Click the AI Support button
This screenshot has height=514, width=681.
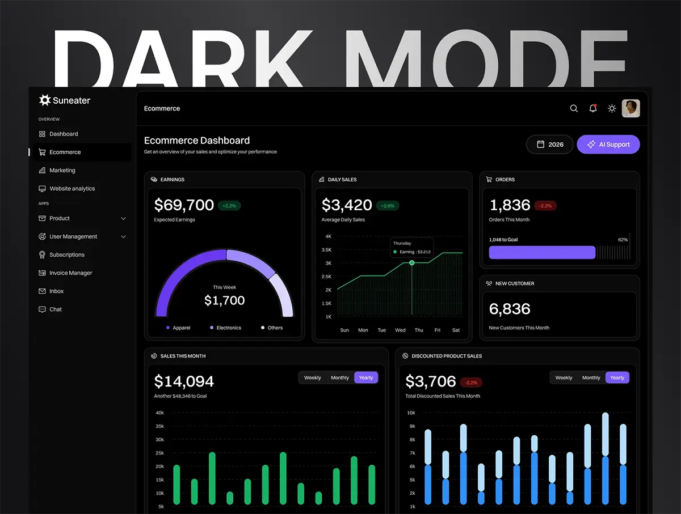tap(608, 145)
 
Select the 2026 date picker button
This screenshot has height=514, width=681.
tap(550, 145)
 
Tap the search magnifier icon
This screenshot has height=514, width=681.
tap(574, 108)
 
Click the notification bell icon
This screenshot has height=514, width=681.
tap(593, 108)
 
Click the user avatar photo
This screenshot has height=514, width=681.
tap(630, 108)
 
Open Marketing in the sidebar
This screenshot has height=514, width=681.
tap(62, 171)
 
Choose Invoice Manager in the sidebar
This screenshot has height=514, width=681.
tap(70, 273)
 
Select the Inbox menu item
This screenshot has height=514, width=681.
tap(56, 291)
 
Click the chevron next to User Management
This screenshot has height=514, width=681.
tap(124, 237)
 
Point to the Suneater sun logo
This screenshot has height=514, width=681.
tap(45, 100)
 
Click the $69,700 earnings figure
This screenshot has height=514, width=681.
tap(184, 205)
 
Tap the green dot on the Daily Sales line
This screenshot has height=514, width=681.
tap(412, 263)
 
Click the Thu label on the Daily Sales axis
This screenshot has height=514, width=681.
tap(419, 330)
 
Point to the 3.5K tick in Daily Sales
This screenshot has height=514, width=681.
tap(326, 250)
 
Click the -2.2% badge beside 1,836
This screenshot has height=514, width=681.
tap(545, 206)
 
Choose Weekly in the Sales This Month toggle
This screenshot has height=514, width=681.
tap(313, 377)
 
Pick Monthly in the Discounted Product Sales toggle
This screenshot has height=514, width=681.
tap(591, 377)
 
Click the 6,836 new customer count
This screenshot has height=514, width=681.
tap(510, 309)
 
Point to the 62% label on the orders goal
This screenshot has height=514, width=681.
tap(623, 240)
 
